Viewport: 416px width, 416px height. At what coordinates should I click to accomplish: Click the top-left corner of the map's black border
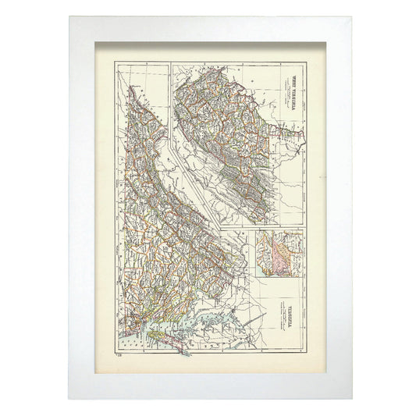[x=115, y=60]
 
